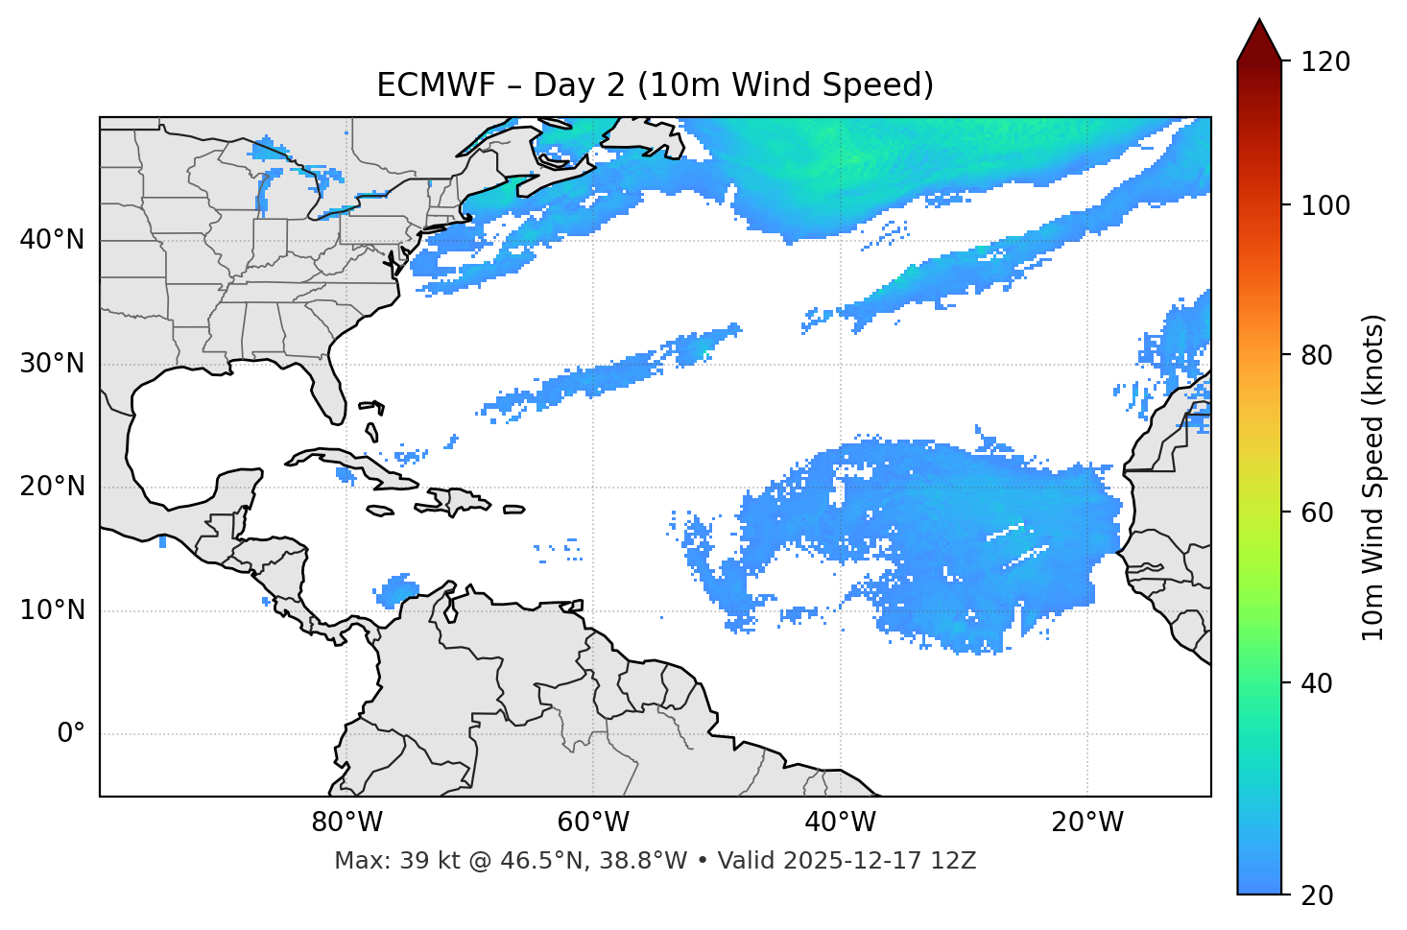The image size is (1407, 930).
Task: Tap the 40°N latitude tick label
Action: [52, 240]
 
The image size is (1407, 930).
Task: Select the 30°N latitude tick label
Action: [52, 364]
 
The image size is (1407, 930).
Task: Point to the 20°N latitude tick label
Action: [52, 487]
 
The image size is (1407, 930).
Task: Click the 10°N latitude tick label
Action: [52, 610]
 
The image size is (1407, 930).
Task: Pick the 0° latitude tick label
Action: [70, 734]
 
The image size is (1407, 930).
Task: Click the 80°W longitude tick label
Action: [346, 823]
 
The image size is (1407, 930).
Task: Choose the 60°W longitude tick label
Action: [593, 823]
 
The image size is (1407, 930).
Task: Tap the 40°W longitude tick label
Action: [840, 823]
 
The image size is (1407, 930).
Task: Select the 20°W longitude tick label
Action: [1086, 823]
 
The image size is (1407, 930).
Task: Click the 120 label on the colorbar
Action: [1324, 61]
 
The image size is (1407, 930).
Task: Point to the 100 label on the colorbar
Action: [1324, 205]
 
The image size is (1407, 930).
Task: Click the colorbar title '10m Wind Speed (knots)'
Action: [1373, 477]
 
